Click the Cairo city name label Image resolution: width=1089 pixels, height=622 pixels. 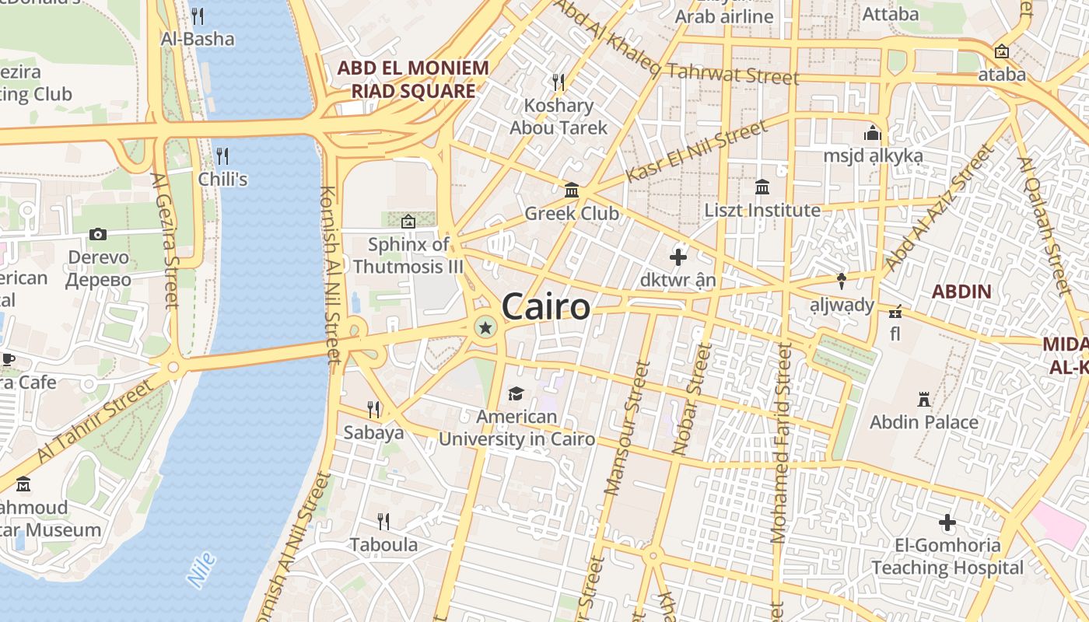pyautogui.click(x=545, y=306)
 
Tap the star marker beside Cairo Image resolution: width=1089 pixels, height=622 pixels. pyautogui.click(x=485, y=328)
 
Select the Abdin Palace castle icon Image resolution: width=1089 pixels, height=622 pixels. pyautogui.click(x=924, y=400)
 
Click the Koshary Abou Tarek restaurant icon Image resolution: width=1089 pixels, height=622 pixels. pyautogui.click(x=558, y=82)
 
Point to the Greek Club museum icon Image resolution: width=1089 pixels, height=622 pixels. pyautogui.click(x=572, y=190)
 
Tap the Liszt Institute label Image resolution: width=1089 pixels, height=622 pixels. pyautogui.click(x=762, y=210)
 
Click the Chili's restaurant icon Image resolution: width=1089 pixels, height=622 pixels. pyautogui.click(x=222, y=155)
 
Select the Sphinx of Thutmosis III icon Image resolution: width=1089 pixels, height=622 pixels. pyautogui.click(x=408, y=222)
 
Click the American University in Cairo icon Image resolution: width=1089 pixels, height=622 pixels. pyautogui.click(x=516, y=393)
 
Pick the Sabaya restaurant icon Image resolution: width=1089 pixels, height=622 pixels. pyautogui.click(x=373, y=409)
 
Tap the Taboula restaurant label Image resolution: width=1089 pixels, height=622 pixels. pyautogui.click(x=383, y=544)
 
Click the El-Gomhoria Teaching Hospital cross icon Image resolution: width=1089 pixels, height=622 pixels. pyautogui.click(x=947, y=522)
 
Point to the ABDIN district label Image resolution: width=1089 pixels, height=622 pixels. pyautogui.click(x=961, y=292)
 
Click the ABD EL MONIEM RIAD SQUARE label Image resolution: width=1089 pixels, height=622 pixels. pyautogui.click(x=413, y=79)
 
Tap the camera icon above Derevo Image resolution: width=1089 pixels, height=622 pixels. pyautogui.click(x=98, y=234)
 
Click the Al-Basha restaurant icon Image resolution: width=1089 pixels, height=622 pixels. pyautogui.click(x=198, y=16)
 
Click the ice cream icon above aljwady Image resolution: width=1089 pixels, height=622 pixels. pyautogui.click(x=841, y=281)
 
